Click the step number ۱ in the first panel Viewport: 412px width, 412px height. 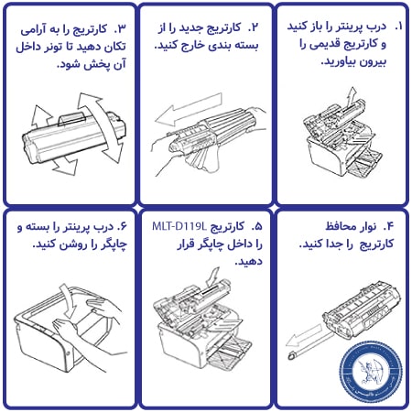398,27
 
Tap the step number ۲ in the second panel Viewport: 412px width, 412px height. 254,27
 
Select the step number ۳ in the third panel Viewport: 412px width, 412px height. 120,28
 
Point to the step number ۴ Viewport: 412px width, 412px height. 388,226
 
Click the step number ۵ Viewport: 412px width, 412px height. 257,226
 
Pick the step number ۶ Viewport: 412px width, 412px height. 122,226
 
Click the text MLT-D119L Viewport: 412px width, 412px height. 179,226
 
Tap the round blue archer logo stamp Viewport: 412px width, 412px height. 371,370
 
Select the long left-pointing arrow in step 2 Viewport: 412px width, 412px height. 189,110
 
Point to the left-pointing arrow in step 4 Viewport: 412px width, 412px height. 304,336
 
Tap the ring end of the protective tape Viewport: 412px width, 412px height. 292,355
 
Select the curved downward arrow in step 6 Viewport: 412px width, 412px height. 68,301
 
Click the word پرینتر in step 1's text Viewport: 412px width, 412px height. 343,27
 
